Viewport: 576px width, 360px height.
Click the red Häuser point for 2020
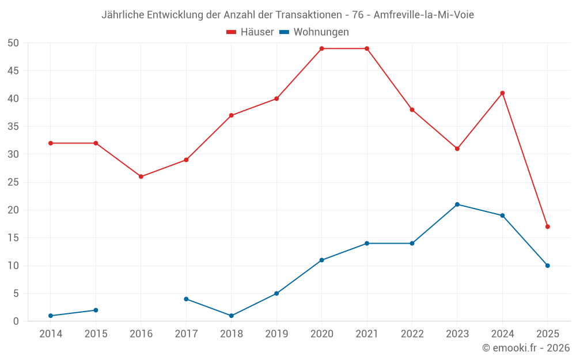coord(321,48)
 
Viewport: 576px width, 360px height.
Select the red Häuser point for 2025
coord(547,226)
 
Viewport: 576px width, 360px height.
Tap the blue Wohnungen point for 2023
coord(457,204)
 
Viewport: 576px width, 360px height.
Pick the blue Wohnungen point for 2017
coord(186,299)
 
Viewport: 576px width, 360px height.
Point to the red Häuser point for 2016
coord(141,176)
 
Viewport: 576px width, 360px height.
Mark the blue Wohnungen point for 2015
coord(96,310)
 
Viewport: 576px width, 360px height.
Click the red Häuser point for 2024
coord(502,93)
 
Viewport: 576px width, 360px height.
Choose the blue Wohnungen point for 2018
coord(231,316)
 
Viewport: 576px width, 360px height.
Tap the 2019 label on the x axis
coord(276,334)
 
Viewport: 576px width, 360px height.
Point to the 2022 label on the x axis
coord(412,334)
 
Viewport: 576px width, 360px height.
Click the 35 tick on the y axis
coord(13,126)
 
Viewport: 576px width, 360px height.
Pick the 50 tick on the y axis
coord(13,43)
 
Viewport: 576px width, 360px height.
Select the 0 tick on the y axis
coord(16,321)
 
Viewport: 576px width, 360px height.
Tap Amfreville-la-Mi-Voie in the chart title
coord(424,15)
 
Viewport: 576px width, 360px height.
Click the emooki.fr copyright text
coord(526,348)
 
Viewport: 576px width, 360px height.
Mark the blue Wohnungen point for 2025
coord(547,266)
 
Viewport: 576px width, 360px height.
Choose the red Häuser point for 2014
coord(51,143)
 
